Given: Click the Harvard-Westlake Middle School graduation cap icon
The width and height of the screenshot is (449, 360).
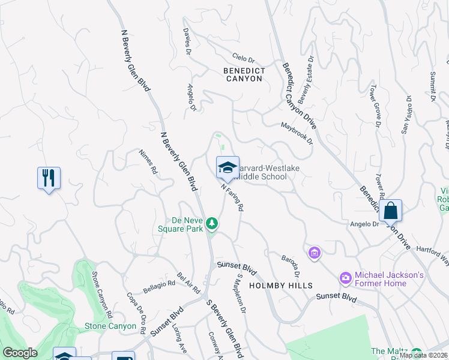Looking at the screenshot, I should click(x=228, y=168).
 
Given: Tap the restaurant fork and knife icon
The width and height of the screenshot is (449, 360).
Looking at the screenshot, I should click(x=49, y=178).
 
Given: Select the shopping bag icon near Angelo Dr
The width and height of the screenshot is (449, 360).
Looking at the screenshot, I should click(x=390, y=211).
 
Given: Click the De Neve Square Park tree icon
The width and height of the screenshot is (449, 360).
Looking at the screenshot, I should click(x=211, y=224).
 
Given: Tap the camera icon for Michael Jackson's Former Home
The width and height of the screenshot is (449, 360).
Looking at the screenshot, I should click(x=345, y=277).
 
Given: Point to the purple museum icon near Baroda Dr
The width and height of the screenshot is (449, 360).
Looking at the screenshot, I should click(x=314, y=254).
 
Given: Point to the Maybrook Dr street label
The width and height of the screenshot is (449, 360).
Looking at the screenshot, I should click(x=297, y=133).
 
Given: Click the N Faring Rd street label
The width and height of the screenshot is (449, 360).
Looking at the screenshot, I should click(x=232, y=197).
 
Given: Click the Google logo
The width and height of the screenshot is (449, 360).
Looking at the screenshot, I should click(x=20, y=353).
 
